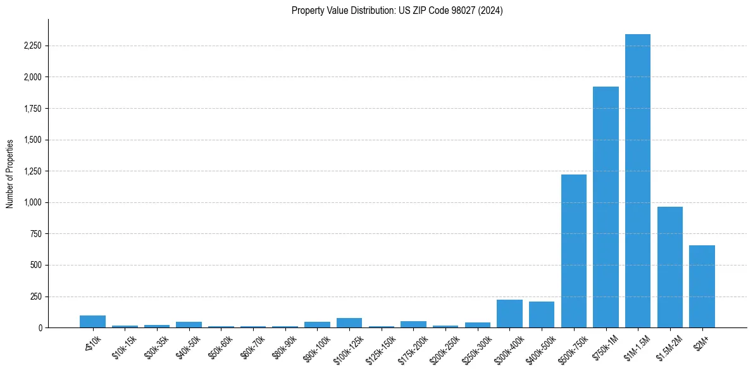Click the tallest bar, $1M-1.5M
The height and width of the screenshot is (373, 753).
[637, 181]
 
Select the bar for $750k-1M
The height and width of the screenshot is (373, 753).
[606, 207]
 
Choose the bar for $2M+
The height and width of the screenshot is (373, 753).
[702, 286]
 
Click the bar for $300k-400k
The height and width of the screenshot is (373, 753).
[509, 314]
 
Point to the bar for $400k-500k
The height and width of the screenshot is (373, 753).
[542, 315]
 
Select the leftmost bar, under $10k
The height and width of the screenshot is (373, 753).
[92, 321]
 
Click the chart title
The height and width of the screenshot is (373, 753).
[397, 11]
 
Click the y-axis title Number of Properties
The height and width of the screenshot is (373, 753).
[10, 173]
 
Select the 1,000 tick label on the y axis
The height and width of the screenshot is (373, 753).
[32, 203]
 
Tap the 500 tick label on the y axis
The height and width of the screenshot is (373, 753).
[36, 266]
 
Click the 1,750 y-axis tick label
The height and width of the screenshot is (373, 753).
[32, 109]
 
